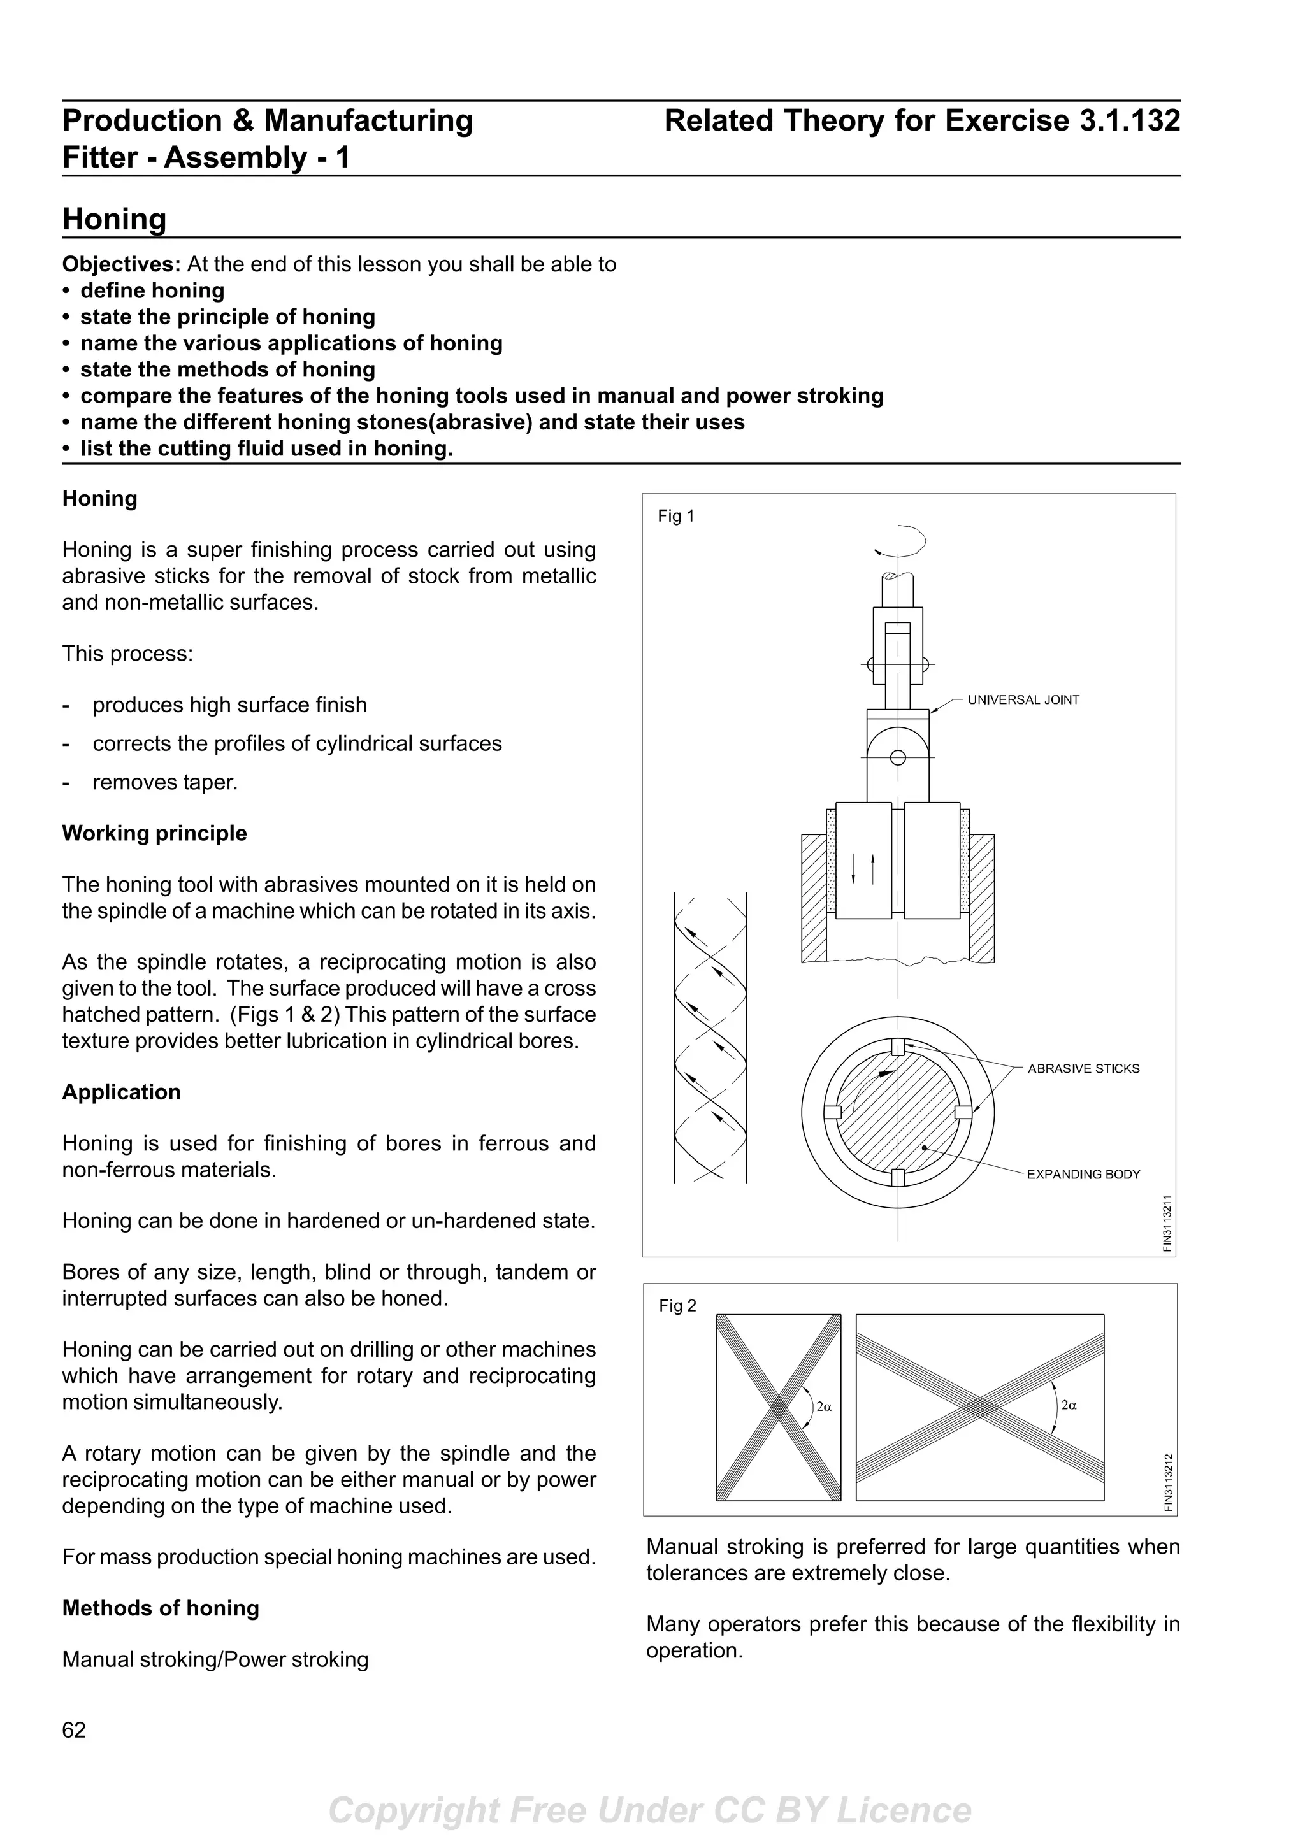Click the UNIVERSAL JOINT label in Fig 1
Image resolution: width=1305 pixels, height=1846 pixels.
1023,699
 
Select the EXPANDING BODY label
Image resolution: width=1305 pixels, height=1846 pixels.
1083,1174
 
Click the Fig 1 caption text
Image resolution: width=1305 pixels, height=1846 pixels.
675,516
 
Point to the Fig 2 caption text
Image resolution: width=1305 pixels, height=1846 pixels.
677,1306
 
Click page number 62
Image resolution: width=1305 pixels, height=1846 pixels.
74,1729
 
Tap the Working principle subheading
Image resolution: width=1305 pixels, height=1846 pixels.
154,833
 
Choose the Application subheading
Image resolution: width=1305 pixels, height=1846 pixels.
122,1092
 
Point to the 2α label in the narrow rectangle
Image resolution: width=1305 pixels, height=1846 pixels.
823,1406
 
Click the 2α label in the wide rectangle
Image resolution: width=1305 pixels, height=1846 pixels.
1069,1405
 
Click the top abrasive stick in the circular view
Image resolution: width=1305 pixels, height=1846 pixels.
898,1046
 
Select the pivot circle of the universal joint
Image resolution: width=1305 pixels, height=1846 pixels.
898,757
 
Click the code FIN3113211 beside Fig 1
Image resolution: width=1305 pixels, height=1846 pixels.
1167,1223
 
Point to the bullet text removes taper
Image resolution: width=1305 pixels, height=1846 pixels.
165,782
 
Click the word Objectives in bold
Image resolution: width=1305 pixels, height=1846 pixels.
122,264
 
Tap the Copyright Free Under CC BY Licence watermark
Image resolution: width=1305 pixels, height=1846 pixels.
651,1810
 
